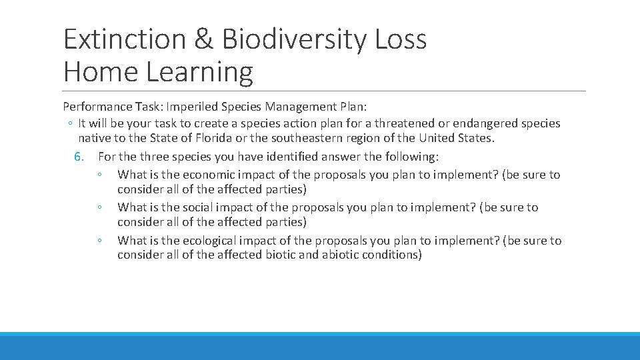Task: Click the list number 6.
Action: click(79, 157)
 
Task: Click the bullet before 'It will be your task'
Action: click(70, 123)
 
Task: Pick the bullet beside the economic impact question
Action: click(98, 175)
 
